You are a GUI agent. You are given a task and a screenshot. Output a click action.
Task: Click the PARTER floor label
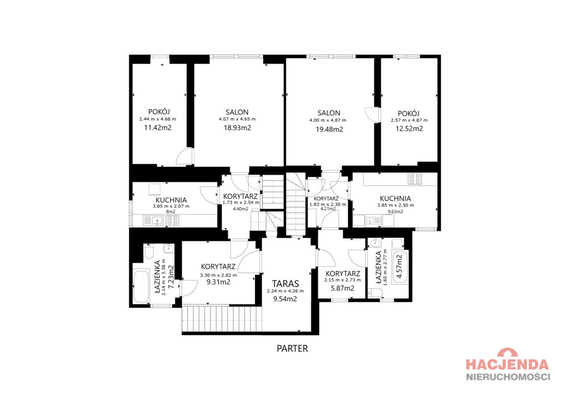point(292,348)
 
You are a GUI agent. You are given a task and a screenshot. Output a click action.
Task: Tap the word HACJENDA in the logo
point(508,364)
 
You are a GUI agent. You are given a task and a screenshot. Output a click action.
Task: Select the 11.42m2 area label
point(158,127)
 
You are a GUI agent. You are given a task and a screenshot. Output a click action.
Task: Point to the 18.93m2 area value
point(237,127)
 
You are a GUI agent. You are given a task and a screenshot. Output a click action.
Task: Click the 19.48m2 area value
point(330,129)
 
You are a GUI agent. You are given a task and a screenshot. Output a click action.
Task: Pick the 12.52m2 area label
point(409,128)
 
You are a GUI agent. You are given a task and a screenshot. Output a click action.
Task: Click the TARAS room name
point(286,284)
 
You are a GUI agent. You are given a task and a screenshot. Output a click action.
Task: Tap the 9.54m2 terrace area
point(285,299)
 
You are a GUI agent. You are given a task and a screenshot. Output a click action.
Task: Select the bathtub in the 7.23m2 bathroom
point(141,286)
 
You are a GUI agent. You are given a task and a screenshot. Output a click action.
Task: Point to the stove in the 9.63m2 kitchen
point(415,179)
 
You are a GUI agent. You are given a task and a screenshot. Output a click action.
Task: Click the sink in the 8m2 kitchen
point(158,220)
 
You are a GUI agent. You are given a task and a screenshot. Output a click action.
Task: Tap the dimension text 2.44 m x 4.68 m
point(158,119)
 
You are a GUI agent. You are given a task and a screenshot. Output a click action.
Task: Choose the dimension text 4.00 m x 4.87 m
point(327,120)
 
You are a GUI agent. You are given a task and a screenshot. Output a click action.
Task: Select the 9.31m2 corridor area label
point(218,282)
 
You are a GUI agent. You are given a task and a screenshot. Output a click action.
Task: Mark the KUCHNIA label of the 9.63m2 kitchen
point(395,198)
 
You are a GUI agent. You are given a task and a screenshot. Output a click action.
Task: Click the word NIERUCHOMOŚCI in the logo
point(508,376)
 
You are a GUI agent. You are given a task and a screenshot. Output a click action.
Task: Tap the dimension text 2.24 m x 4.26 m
point(285,291)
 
